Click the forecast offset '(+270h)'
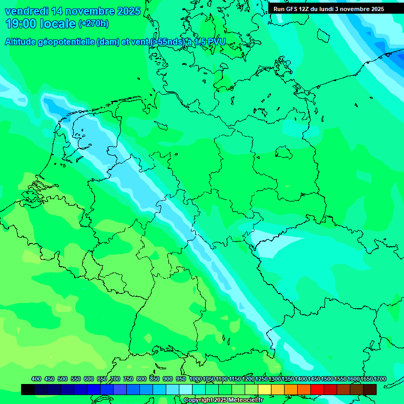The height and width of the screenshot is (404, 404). (94, 24)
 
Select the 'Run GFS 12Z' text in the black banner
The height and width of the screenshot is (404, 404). (292, 9)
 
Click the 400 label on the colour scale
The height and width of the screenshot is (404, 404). (36, 379)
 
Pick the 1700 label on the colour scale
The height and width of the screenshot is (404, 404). (367, 379)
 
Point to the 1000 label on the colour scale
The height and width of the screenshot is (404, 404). (195, 379)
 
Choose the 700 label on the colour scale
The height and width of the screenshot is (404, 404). (115, 379)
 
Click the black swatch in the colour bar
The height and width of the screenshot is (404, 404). (28, 389)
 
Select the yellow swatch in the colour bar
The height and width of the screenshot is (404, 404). (265, 389)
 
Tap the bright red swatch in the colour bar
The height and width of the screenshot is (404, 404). (317, 389)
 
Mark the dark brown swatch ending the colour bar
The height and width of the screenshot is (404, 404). (370, 389)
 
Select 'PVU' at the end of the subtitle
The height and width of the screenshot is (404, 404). (216, 42)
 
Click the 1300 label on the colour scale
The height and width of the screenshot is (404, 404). (275, 379)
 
